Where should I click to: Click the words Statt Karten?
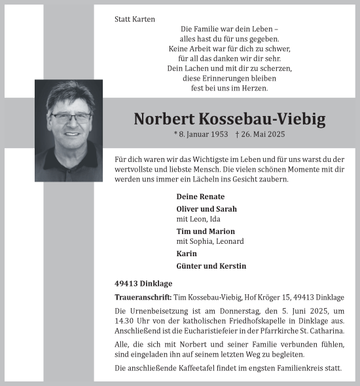[x=135, y=20]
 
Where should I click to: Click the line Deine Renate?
[x=200, y=197]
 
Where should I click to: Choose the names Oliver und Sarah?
[x=207, y=209]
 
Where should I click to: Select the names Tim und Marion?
[x=206, y=231]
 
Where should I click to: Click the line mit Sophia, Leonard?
[x=209, y=241]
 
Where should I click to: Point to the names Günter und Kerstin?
[x=211, y=265]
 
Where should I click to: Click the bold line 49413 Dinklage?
[x=142, y=284]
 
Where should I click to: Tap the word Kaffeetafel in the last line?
[x=194, y=368]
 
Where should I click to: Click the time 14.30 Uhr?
[x=132, y=320]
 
